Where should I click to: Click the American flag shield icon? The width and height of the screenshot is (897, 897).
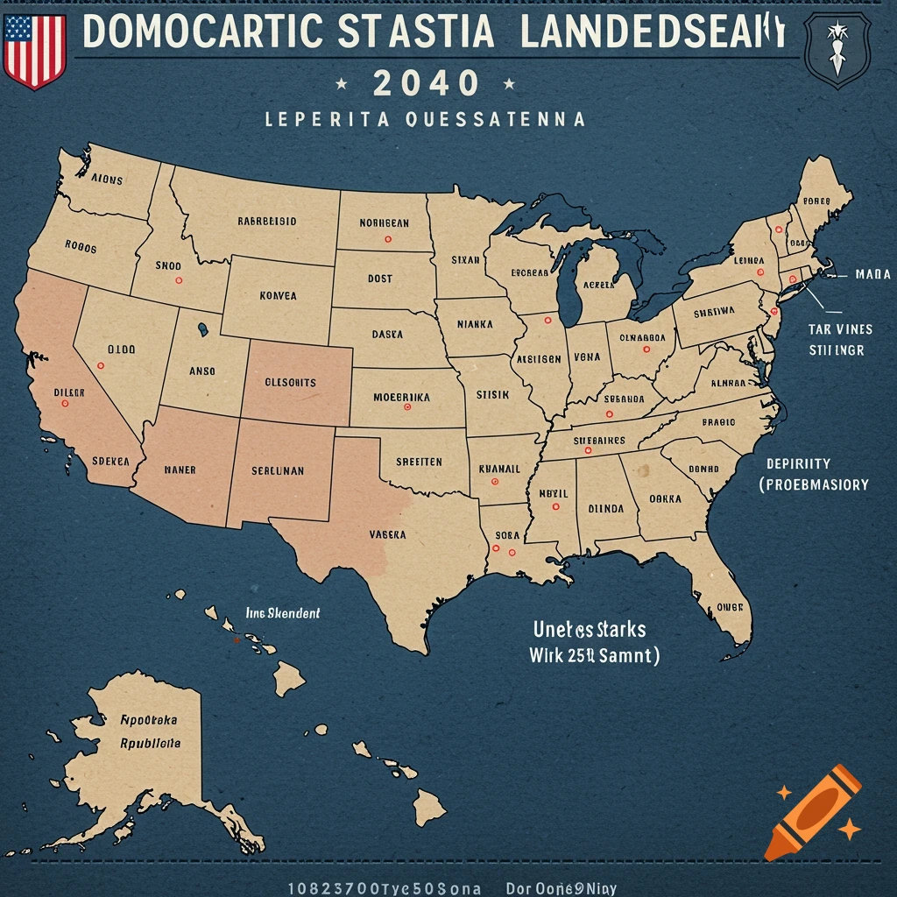35,50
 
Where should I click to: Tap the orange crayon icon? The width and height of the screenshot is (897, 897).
812,811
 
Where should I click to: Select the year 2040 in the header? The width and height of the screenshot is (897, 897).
426,84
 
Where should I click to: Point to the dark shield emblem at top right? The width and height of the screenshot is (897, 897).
837,51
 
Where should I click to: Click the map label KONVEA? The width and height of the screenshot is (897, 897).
279,296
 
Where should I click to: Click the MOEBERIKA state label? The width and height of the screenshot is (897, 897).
401,396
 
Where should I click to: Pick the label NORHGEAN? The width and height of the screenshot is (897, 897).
385,222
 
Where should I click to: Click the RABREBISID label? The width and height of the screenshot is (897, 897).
266,222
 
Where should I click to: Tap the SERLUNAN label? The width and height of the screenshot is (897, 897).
278,470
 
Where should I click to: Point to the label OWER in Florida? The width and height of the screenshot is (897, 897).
729,606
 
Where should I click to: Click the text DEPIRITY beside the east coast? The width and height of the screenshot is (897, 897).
798,463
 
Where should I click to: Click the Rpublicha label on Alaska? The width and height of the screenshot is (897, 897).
149,742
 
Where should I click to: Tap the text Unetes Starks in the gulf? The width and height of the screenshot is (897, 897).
590,630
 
